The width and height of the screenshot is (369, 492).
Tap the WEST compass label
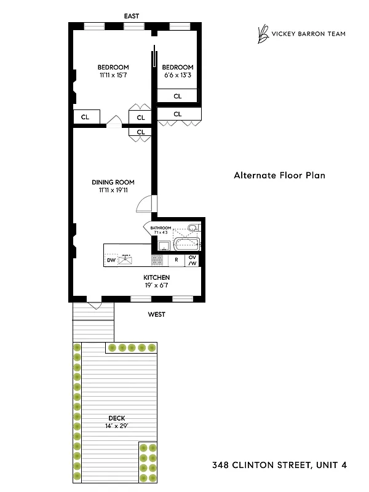coord(156,314)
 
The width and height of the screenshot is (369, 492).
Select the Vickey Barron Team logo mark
coord(263,34)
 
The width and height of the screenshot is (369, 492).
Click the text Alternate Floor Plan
coord(279,175)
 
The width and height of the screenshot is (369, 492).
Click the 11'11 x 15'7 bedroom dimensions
coord(113,76)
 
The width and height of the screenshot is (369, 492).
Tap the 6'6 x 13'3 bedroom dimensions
coord(178,76)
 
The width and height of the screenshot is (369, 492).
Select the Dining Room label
coord(113,182)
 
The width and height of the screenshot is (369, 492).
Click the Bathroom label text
coord(161,228)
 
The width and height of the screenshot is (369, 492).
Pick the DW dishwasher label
coord(111,260)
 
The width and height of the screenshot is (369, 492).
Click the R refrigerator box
coord(177,260)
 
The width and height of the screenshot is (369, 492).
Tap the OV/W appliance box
coord(192,260)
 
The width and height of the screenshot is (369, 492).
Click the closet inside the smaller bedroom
coord(177,96)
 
